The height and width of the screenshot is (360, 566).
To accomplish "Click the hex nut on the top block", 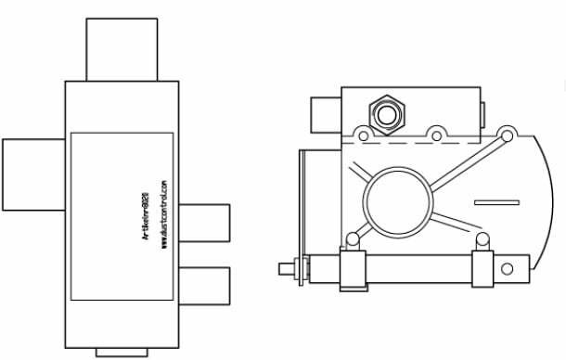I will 384,113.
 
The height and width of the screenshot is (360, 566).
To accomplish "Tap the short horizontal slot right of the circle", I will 495,201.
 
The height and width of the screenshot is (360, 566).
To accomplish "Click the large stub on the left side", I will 32,174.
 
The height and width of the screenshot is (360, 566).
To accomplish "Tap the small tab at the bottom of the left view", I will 122,352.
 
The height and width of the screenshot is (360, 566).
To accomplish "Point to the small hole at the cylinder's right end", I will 507,269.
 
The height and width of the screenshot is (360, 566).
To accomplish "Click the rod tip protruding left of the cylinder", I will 286,269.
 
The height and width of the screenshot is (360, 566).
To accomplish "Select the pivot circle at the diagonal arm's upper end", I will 507,137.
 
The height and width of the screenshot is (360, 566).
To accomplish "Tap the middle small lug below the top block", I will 435,131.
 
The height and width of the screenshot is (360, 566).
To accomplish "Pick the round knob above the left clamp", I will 353,239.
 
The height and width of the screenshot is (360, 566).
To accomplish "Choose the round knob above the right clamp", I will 482,239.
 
